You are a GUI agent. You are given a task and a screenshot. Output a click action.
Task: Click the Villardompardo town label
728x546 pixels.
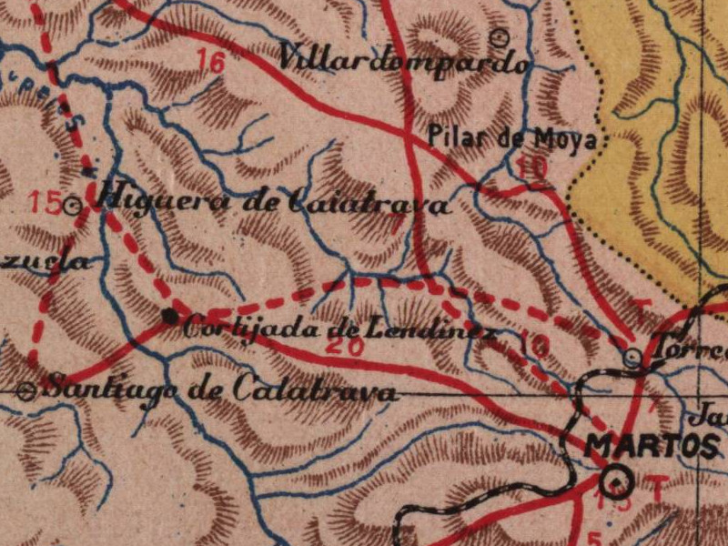point(403,61)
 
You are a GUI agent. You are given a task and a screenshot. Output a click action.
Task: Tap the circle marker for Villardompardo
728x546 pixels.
point(499,37)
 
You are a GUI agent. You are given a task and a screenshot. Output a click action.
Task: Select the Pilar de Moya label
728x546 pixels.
point(512,139)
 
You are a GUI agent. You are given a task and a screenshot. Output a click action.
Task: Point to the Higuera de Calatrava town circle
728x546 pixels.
point(76,207)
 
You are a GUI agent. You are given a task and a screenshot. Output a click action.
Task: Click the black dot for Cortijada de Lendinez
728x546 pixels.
point(169,316)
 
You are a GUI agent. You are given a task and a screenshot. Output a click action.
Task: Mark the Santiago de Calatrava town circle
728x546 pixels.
point(27,391)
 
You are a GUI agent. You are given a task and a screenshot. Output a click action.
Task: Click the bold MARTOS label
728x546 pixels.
point(652,445)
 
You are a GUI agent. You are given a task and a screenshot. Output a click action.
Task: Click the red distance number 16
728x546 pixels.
point(210,62)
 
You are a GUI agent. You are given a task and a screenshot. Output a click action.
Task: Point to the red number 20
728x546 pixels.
point(342,347)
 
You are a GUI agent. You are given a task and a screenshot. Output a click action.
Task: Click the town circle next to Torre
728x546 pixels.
point(633,358)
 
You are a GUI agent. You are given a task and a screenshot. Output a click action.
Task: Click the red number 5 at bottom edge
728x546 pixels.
point(595,537)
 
